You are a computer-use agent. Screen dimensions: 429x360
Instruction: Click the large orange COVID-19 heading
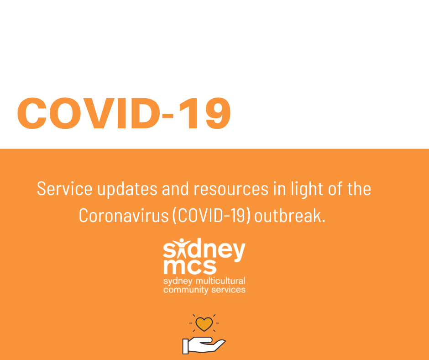124,113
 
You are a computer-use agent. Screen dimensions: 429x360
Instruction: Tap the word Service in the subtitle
64,189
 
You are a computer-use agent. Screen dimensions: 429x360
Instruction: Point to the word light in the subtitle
307,189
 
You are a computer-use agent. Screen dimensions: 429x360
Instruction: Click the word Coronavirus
124,216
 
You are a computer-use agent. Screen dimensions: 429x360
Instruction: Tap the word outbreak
290,216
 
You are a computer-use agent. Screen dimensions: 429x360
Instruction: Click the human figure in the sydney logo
181,248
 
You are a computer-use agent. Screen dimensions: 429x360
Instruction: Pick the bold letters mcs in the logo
190,267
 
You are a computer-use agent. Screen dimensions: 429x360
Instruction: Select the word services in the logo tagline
229,290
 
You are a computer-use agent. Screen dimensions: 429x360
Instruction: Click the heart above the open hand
204,323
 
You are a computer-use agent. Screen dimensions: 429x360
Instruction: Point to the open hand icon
204,345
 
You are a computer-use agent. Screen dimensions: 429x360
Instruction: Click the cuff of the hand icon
185,346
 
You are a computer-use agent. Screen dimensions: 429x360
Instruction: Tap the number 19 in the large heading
204,113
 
